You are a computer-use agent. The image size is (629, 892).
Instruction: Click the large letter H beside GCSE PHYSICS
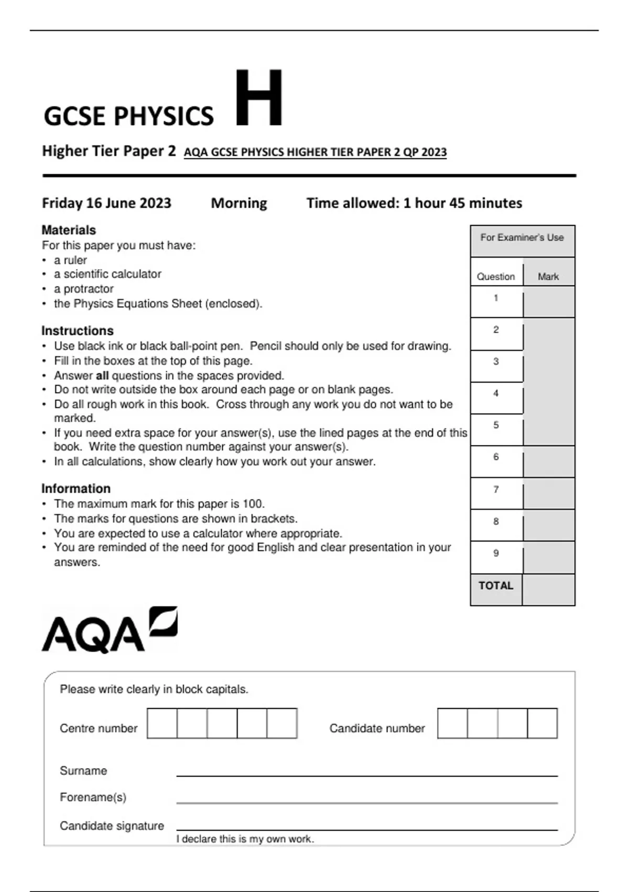pos(258,98)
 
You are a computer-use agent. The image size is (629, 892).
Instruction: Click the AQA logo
pos(110,630)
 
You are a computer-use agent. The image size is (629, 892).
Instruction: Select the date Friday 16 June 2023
pos(106,203)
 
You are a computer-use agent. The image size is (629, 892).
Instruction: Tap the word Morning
pos(239,203)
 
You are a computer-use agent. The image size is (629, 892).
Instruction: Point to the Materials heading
pos(69,230)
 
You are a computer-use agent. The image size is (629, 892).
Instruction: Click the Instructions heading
pos(78,331)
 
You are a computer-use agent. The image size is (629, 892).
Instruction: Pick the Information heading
pos(76,489)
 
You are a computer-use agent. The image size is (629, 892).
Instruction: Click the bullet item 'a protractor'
pos(83,289)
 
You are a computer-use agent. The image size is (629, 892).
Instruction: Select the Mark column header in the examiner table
pos(548,277)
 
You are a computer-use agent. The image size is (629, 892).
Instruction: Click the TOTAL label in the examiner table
pos(496,586)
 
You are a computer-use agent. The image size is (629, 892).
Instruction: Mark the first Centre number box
pos(162,724)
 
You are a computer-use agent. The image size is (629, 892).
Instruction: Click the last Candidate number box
pos(542,724)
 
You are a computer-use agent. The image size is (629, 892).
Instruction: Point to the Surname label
pos(83,771)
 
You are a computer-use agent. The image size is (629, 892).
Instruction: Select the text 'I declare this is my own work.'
pos(245,839)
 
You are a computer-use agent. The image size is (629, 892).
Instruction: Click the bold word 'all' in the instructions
pos(102,376)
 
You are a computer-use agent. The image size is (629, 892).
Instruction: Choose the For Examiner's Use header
pos(522,238)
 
